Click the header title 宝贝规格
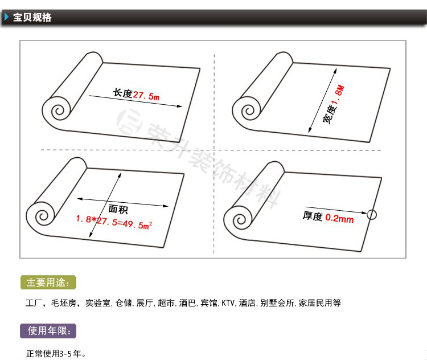(x=32, y=17)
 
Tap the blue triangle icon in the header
(x=6, y=17)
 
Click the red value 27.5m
(x=146, y=96)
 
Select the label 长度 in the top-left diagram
(x=122, y=93)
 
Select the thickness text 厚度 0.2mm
(x=328, y=217)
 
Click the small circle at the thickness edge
(x=372, y=215)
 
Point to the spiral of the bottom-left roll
(x=42, y=216)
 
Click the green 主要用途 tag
(x=48, y=283)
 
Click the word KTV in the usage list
(x=228, y=303)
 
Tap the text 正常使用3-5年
(x=56, y=353)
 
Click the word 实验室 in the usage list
(x=98, y=303)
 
